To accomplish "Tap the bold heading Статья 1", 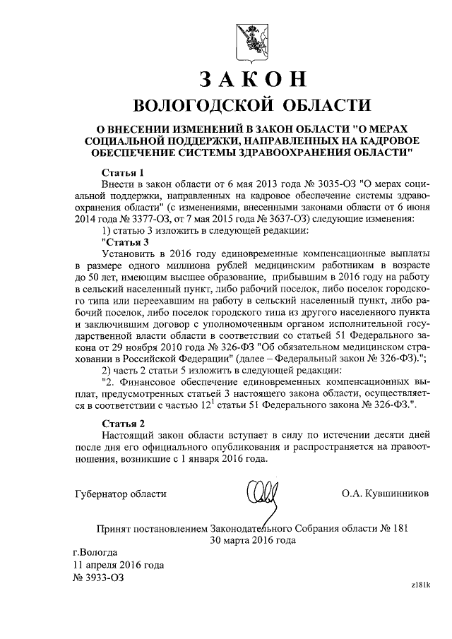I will pyautogui.click(x=123, y=172).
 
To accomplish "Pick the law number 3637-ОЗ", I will pyautogui.click(x=270, y=219).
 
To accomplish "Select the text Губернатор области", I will pyautogui.click(x=120, y=492).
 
